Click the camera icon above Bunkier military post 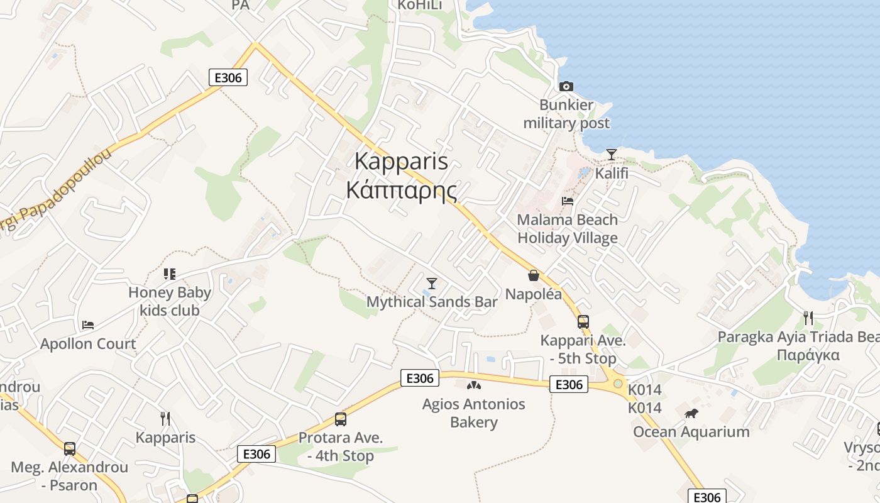pyautogui.click(x=566, y=86)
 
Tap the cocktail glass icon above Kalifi pyautogui.click(x=611, y=154)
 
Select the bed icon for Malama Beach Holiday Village pyautogui.click(x=568, y=201)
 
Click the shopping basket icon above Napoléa pyautogui.click(x=533, y=275)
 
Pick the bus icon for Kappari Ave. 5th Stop pyautogui.click(x=583, y=322)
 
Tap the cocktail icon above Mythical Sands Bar pyautogui.click(x=432, y=284)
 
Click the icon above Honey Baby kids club pyautogui.click(x=169, y=274)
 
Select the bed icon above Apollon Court pyautogui.click(x=88, y=325)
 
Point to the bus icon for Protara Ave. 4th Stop pyautogui.click(x=340, y=419)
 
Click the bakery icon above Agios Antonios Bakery pyautogui.click(x=473, y=385)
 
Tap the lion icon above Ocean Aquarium pyautogui.click(x=691, y=413)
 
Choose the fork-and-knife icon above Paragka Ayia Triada pyautogui.click(x=808, y=318)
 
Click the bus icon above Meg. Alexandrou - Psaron pyautogui.click(x=69, y=449)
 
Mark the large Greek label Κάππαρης pyautogui.click(x=402, y=189)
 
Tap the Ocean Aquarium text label pyautogui.click(x=691, y=432)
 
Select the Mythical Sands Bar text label pyautogui.click(x=432, y=302)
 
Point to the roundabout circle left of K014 pyautogui.click(x=618, y=384)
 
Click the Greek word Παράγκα pyautogui.click(x=808, y=355)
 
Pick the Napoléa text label pyautogui.click(x=533, y=294)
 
